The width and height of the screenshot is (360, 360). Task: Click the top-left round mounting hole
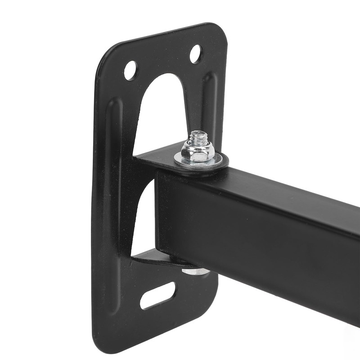coord(130,70)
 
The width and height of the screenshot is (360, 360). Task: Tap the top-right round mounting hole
coord(196,54)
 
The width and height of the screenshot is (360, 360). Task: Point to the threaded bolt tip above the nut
coord(197,135)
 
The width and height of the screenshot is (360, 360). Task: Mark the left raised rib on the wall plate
coord(112,180)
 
